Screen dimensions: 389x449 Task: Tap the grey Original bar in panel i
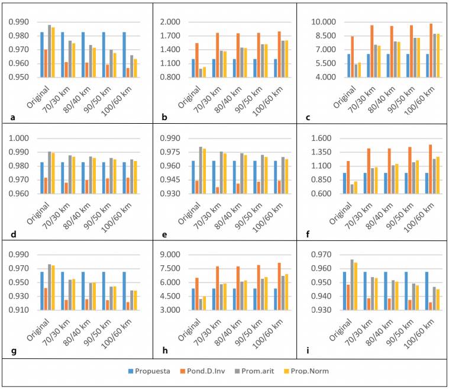tap(351, 285)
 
